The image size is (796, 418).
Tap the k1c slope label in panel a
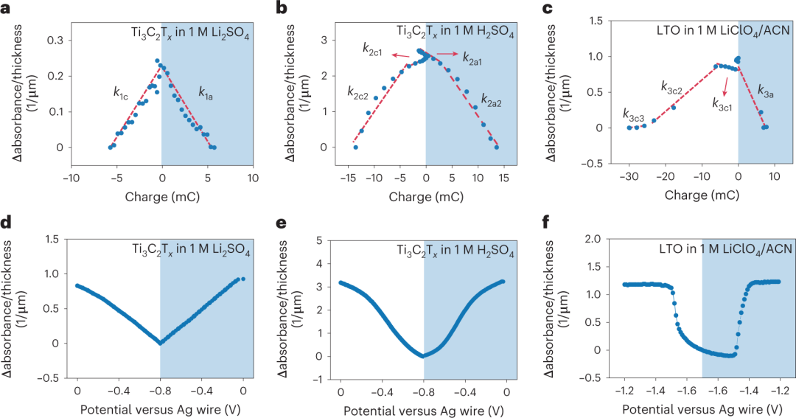[x=121, y=92]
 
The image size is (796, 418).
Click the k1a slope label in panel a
[x=206, y=92]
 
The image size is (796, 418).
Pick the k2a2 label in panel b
[x=492, y=99]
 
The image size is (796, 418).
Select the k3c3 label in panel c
[x=634, y=114]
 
